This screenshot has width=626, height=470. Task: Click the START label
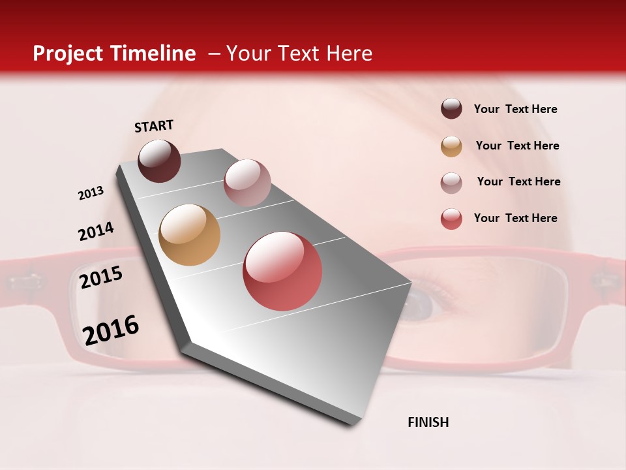pos(154,126)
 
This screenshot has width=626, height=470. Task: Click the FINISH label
pos(428,422)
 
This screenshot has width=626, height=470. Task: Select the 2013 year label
pos(91,193)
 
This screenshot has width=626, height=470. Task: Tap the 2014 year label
pos(96,231)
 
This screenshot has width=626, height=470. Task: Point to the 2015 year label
pos(101,277)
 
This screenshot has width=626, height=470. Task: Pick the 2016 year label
pos(111,330)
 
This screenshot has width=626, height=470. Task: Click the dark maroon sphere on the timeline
pos(159,161)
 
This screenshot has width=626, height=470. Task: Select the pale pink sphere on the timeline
pos(247,182)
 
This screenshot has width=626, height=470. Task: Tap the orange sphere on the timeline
pos(189,235)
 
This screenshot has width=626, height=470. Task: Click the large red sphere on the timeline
pos(282,271)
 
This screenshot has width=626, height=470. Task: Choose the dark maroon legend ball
pos(451,108)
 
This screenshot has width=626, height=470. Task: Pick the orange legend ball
pos(451,146)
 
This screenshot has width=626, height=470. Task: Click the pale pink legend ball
pos(451,183)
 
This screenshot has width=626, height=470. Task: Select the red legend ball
pos(451,219)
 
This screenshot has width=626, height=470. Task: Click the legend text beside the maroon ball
pos(515,110)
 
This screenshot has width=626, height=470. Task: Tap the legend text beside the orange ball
pos(517,146)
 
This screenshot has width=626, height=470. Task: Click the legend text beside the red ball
pos(515,218)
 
